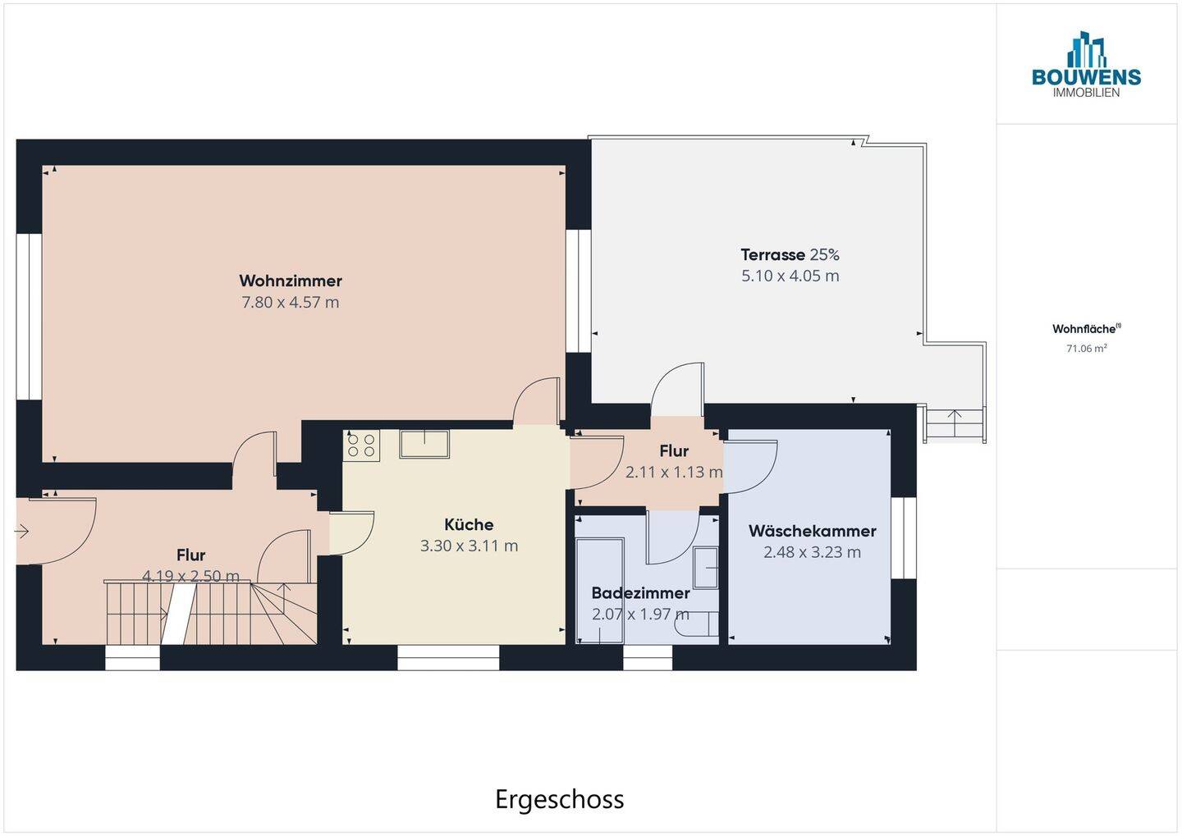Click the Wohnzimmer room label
pyautogui.click(x=291, y=281)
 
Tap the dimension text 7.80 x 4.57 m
pyautogui.click(x=291, y=302)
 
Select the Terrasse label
pyautogui.click(x=772, y=255)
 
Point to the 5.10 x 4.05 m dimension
pyautogui.click(x=790, y=276)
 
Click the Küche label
pyautogui.click(x=469, y=524)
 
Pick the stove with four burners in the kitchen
pyautogui.click(x=361, y=445)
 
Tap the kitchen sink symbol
pyautogui.click(x=424, y=444)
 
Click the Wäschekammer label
pyautogui.click(x=812, y=531)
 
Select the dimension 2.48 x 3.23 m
pyautogui.click(x=812, y=552)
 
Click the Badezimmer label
pyautogui.click(x=640, y=593)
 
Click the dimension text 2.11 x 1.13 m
pyautogui.click(x=674, y=472)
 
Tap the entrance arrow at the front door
pyautogui.click(x=21, y=531)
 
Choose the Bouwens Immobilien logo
pyautogui.click(x=1087, y=64)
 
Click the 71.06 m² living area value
pyautogui.click(x=1087, y=348)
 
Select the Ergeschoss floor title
pyautogui.click(x=559, y=799)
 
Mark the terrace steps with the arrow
pyautogui.click(x=955, y=423)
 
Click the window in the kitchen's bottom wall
pyautogui.click(x=448, y=657)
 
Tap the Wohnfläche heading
pyautogui.click(x=1087, y=329)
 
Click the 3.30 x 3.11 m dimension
pyautogui.click(x=469, y=546)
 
